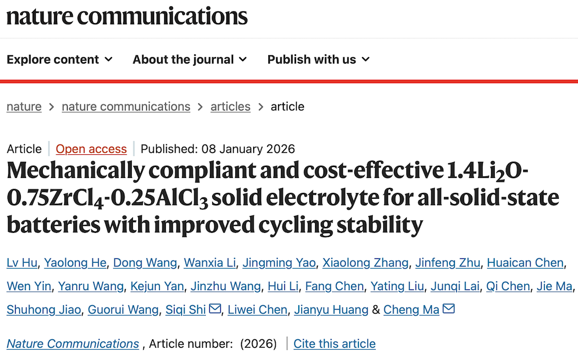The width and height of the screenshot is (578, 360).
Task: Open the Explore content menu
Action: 60,60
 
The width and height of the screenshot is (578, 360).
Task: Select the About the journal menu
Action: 190,60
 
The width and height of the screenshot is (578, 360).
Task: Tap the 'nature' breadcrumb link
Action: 24,106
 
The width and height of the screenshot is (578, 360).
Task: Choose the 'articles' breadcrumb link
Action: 230,106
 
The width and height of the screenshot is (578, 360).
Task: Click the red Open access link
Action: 91,149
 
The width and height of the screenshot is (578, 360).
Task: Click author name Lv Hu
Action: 23,263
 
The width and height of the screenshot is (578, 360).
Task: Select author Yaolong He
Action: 76,263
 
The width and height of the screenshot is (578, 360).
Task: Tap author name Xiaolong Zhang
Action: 365,263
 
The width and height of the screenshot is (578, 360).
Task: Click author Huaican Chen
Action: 525,263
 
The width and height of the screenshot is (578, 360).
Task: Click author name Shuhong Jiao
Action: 43,310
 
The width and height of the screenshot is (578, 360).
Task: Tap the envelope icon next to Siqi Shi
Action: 215,309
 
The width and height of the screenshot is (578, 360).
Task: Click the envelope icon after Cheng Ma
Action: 449,309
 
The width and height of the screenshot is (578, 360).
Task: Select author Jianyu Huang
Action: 331,310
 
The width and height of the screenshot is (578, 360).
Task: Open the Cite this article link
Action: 335,344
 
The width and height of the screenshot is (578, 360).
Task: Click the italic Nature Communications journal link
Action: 73,344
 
